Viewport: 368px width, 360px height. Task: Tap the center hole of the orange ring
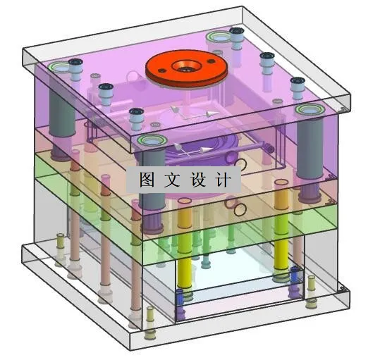point(187,68)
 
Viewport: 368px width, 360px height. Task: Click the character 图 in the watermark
point(147,179)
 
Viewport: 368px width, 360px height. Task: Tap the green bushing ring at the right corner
point(308,111)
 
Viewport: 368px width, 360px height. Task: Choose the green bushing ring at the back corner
point(214,37)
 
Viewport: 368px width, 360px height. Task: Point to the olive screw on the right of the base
point(311,288)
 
